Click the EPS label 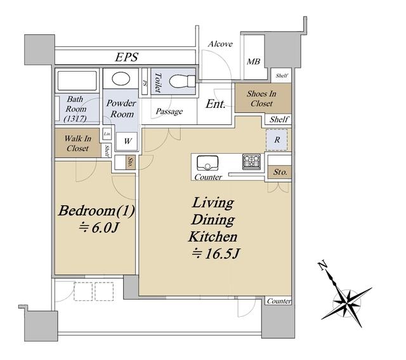pos(127,57)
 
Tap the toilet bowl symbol pos(182,81)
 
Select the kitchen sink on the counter pos(207,163)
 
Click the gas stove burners pos(251,162)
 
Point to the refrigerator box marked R pos(277,140)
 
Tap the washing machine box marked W pos(127,141)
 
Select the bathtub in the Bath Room pos(77,81)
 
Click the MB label pos(253,62)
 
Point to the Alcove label pos(220,44)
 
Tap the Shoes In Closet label pos(261,98)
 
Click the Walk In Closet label pos(77,143)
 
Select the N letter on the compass pos(322,265)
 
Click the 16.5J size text pos(216,254)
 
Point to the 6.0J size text pos(98,228)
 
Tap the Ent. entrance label pos(216,104)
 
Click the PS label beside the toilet pos(145,83)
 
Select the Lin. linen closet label pos(107,134)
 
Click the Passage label pos(169,112)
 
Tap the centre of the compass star pos(346,302)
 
